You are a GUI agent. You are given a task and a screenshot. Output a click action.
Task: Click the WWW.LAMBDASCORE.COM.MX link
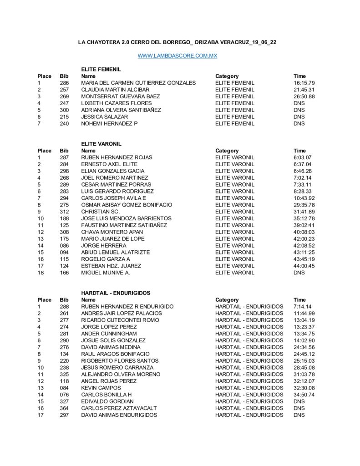coord(177,56)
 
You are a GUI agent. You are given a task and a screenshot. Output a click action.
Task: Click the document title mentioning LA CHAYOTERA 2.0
coord(177,42)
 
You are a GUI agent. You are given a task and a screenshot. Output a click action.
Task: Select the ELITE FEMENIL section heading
coord(101,69)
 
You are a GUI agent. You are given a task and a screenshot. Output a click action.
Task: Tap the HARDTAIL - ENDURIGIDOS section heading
coord(116,293)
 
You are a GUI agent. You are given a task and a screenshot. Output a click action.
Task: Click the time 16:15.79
coord(304,83)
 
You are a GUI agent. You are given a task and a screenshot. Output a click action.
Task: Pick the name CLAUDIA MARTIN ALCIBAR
coord(115,90)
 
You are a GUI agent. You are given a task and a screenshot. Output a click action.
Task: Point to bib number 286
coord(64,83)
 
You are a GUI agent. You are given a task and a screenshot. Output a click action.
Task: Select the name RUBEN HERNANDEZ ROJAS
coord(117,157)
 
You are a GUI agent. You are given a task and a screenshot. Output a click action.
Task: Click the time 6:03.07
coord(303,157)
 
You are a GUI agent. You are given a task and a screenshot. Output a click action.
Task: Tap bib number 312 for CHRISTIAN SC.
coord(64,212)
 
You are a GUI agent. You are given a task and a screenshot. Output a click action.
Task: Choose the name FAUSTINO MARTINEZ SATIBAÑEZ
coord(124,225)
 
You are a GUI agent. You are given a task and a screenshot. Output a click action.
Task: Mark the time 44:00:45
coord(304,266)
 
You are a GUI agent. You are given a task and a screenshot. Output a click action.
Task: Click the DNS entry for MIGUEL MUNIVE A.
coord(299,273)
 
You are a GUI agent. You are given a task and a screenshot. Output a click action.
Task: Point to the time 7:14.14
coord(303,307)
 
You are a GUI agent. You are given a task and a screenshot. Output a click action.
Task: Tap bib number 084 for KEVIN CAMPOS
coord(64,388)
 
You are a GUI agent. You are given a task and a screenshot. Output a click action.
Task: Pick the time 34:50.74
coord(304,395)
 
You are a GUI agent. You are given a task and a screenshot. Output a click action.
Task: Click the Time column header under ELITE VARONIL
coord(300,151)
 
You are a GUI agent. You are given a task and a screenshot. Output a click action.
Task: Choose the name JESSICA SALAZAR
coord(105,116)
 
